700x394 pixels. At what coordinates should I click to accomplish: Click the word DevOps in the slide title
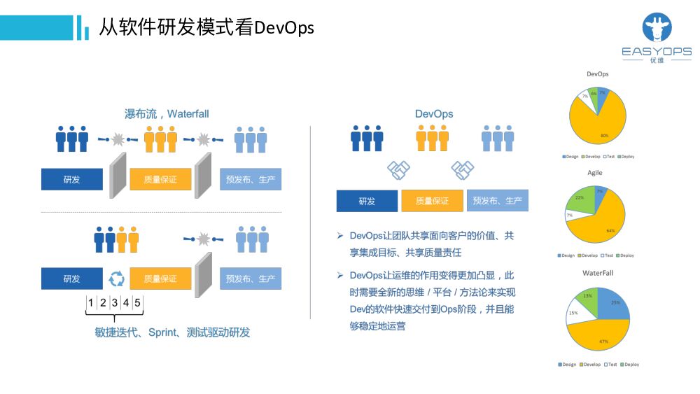pyautogui.click(x=283, y=28)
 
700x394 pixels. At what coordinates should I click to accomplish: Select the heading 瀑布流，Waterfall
pyautogui.click(x=167, y=113)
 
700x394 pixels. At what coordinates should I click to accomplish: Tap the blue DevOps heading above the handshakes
pyautogui.click(x=434, y=113)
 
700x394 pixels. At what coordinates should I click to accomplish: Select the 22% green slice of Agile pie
pyautogui.click(x=580, y=199)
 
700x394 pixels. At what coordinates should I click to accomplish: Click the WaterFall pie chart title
pyautogui.click(x=597, y=272)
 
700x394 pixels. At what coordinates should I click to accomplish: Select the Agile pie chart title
pyautogui.click(x=595, y=172)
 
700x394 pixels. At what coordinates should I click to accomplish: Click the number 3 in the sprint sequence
pyautogui.click(x=114, y=303)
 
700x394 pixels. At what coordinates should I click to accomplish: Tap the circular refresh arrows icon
pyautogui.click(x=116, y=279)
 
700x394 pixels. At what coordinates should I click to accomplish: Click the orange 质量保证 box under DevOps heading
pyautogui.click(x=432, y=201)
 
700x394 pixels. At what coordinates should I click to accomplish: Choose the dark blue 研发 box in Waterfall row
pyautogui.click(x=71, y=179)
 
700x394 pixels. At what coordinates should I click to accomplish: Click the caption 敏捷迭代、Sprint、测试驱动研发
pyautogui.click(x=172, y=332)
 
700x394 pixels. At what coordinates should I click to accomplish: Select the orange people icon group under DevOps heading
pyautogui.click(x=432, y=139)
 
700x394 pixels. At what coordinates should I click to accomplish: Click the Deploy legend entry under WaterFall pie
pyautogui.click(x=629, y=365)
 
